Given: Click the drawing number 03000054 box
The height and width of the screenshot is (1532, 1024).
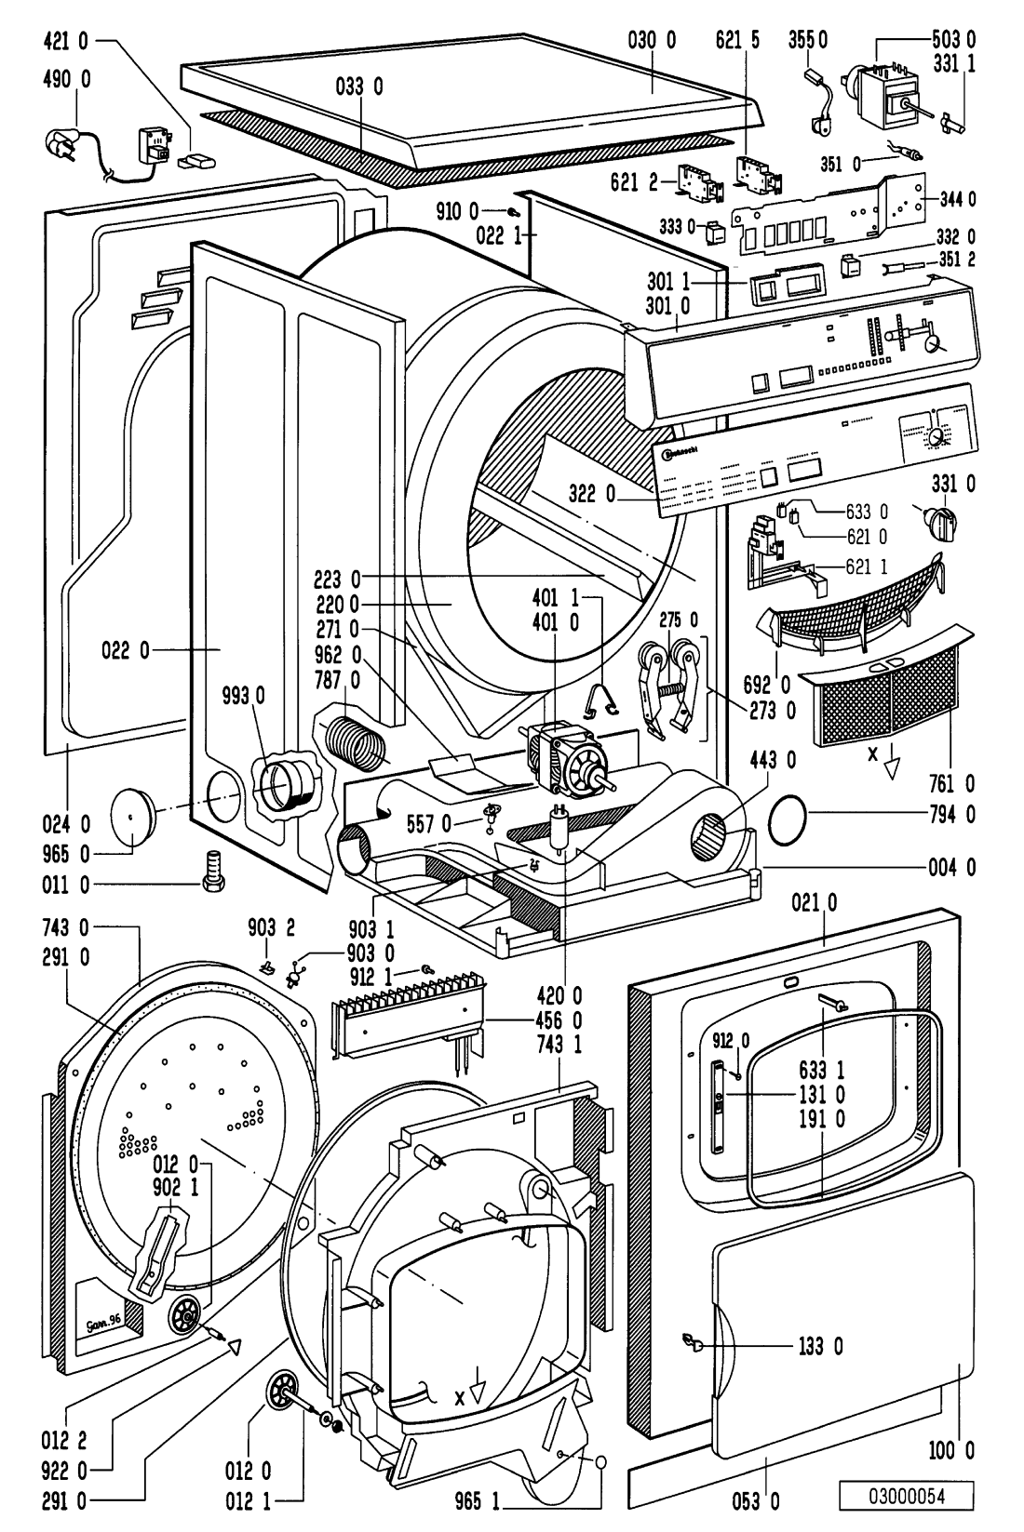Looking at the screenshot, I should pyautogui.click(x=907, y=1496).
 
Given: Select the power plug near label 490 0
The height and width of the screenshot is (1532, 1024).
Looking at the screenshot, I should pyautogui.click(x=63, y=142).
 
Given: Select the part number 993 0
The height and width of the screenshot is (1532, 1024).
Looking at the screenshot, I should pyautogui.click(x=245, y=694).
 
